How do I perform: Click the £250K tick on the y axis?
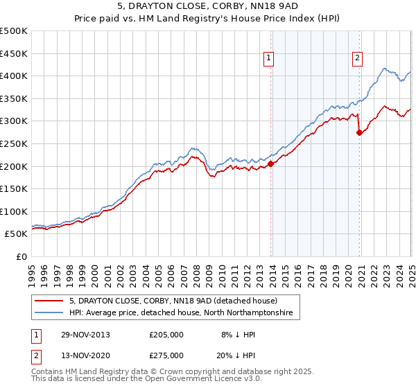15,143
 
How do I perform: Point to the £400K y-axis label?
15,76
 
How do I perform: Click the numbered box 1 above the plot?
268,59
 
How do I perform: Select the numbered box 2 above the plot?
357,59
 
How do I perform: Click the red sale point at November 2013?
271,164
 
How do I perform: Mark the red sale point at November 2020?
359,132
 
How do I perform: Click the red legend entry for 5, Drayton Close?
173,301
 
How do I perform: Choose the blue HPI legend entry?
181,313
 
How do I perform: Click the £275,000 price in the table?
166,355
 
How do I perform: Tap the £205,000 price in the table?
166,334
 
